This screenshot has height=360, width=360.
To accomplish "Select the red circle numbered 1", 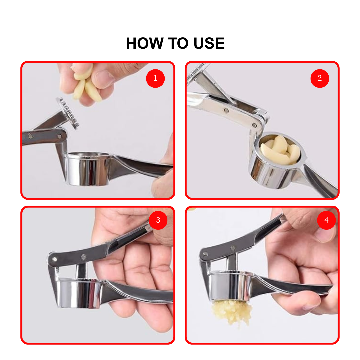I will click(x=155, y=78).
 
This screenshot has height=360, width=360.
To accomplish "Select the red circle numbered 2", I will click(x=320, y=78).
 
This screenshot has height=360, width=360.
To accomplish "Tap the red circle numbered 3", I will click(x=158, y=220).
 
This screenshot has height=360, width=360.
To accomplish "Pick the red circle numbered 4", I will click(x=326, y=220).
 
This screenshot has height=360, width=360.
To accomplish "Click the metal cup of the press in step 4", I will click(x=230, y=286).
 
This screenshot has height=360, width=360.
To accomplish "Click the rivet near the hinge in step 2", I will click(x=254, y=125).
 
